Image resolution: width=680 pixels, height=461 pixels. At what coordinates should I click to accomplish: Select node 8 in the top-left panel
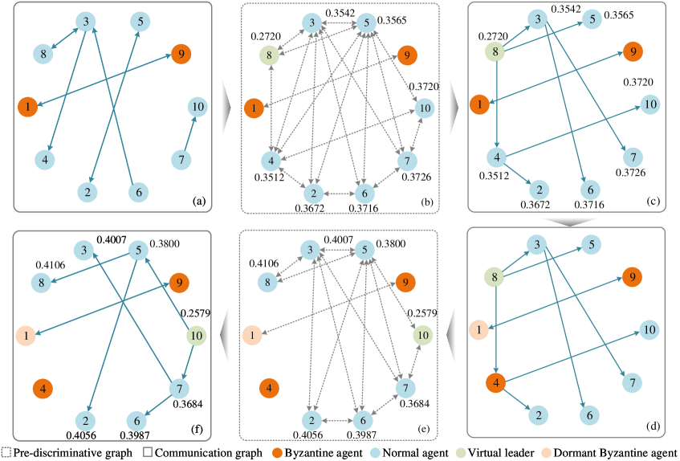click(x=43, y=55)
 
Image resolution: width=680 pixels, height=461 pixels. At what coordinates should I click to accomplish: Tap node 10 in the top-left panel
click(x=197, y=106)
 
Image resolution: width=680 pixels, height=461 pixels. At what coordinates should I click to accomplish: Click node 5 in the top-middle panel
click(x=365, y=22)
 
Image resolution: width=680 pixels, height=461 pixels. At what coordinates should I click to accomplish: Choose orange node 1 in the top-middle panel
click(x=254, y=108)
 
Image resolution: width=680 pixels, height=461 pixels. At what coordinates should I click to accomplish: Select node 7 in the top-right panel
click(x=633, y=157)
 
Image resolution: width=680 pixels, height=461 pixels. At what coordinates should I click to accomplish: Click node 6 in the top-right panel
click(x=590, y=190)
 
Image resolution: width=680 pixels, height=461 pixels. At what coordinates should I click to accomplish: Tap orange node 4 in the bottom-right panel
click(x=496, y=382)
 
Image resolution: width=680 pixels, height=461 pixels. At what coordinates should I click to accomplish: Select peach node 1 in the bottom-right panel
click(x=479, y=328)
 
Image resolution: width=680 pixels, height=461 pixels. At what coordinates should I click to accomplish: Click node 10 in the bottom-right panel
click(x=650, y=329)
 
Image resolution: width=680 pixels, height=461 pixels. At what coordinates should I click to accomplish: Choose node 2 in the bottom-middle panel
click(x=311, y=420)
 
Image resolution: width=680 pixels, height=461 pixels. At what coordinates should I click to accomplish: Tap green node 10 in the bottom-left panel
click(x=197, y=336)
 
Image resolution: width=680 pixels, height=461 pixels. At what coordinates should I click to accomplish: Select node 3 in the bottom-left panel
click(x=83, y=251)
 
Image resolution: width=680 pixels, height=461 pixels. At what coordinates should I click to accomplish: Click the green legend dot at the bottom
click(x=461, y=453)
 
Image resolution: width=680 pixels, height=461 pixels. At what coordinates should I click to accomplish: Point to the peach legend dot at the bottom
click(x=547, y=453)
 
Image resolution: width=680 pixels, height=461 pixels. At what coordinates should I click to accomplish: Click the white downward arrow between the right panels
click(x=568, y=219)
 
